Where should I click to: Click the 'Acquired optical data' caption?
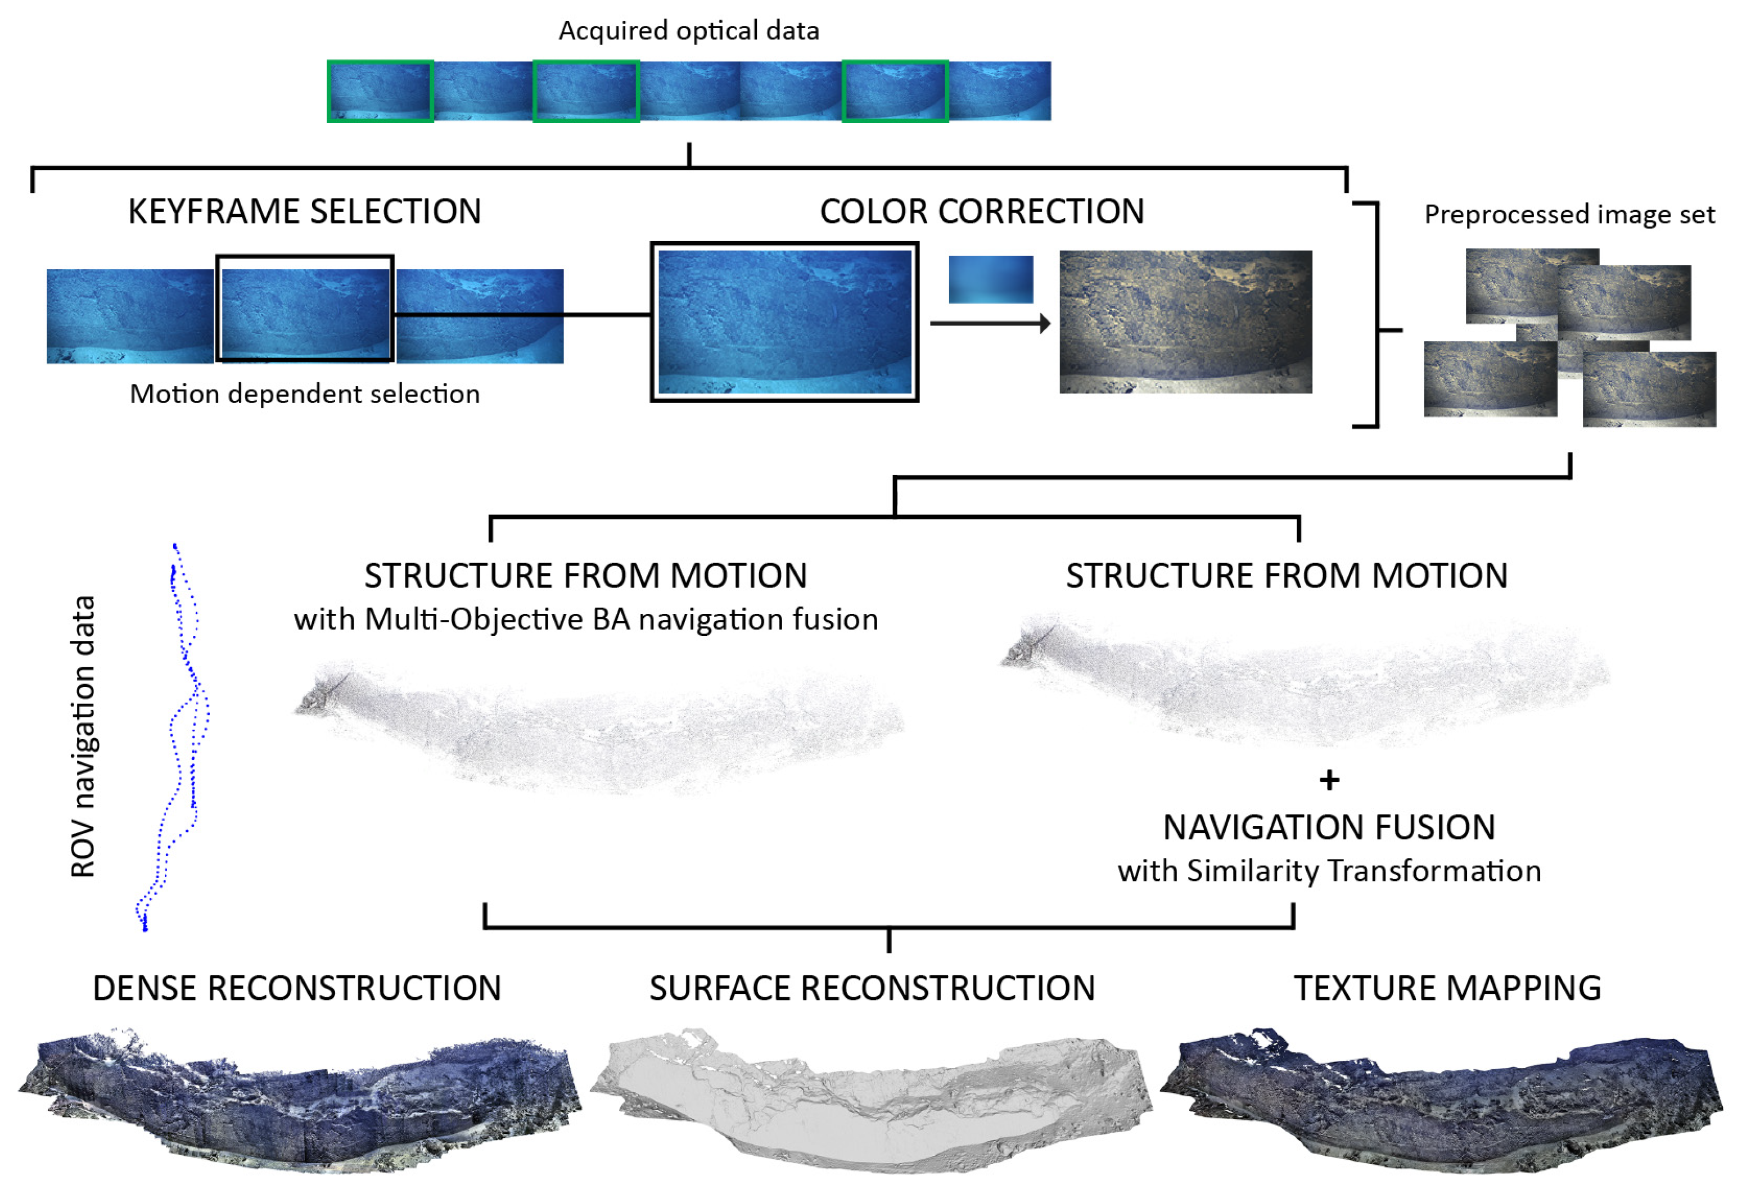tap(688, 31)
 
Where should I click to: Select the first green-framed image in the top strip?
tap(380, 91)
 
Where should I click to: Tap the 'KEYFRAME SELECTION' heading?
tap(304, 211)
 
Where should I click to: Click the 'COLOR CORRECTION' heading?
tap(982, 211)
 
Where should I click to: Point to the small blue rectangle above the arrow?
tap(990, 279)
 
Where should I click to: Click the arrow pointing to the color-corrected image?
tap(990, 323)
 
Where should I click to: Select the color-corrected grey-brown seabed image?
tap(1185, 322)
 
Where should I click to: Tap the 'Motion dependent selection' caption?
tap(304, 394)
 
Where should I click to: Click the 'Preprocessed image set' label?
tap(1569, 214)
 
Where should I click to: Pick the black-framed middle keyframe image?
tap(304, 309)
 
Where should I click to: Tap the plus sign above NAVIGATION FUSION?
tap(1329, 780)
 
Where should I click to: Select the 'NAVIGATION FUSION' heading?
tap(1329, 827)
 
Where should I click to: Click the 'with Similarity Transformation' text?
tap(1329, 871)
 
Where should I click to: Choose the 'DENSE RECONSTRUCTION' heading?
tap(297, 988)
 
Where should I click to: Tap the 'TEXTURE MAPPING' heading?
tap(1447, 988)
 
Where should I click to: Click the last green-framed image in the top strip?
tap(895, 91)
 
